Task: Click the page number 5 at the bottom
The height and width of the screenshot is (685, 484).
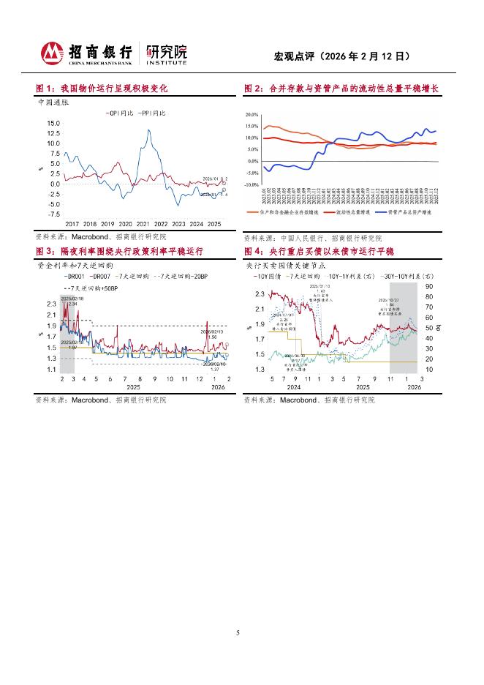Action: pyautogui.click(x=238, y=633)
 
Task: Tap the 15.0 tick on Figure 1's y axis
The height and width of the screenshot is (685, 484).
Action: pyautogui.click(x=53, y=123)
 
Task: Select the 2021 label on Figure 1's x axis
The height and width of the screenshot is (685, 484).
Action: pyautogui.click(x=143, y=224)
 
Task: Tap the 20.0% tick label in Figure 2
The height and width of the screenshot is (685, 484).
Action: pyautogui.click(x=252, y=115)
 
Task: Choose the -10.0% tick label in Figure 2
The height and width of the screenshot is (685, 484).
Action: pyautogui.click(x=252, y=184)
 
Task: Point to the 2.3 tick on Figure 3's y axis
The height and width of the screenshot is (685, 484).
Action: pyautogui.click(x=51, y=303)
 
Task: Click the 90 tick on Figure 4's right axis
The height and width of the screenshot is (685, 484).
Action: pyautogui.click(x=428, y=287)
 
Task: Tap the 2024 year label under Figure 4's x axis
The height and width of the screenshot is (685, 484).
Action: pyautogui.click(x=295, y=386)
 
